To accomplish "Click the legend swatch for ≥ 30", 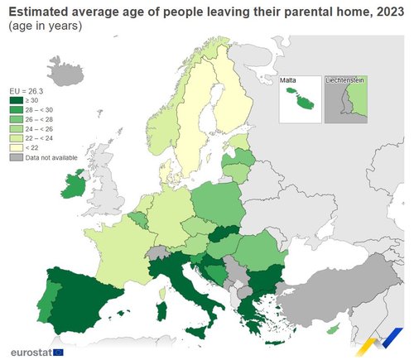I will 15,101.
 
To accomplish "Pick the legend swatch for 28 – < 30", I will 15,110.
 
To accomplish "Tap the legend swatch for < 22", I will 15,146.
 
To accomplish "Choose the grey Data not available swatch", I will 15,156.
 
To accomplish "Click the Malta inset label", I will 288,80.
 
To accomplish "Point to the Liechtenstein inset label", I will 346,80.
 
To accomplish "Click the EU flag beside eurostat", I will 58,352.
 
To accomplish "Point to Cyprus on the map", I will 333,329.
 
